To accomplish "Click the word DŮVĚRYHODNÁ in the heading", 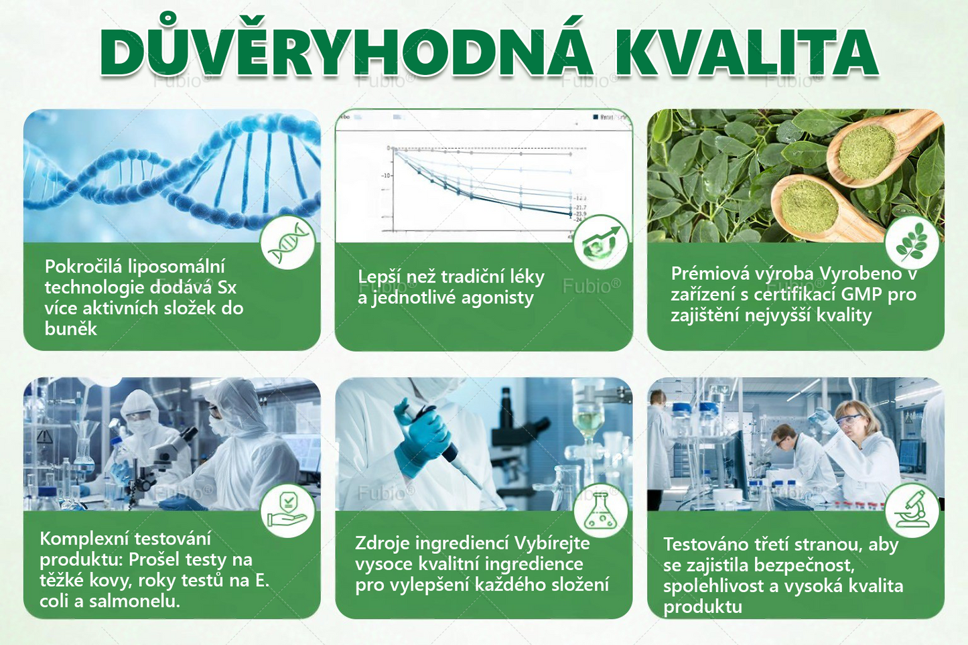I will pos(346,53).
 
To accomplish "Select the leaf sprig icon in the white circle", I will pos(912,242).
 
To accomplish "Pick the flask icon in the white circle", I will pos(600,511).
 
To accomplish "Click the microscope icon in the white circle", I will pos(912,510).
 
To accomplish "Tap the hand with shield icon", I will pos(287,510).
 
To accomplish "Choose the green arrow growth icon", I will pos(600,242).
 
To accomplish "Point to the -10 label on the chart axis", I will pos(386,175).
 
